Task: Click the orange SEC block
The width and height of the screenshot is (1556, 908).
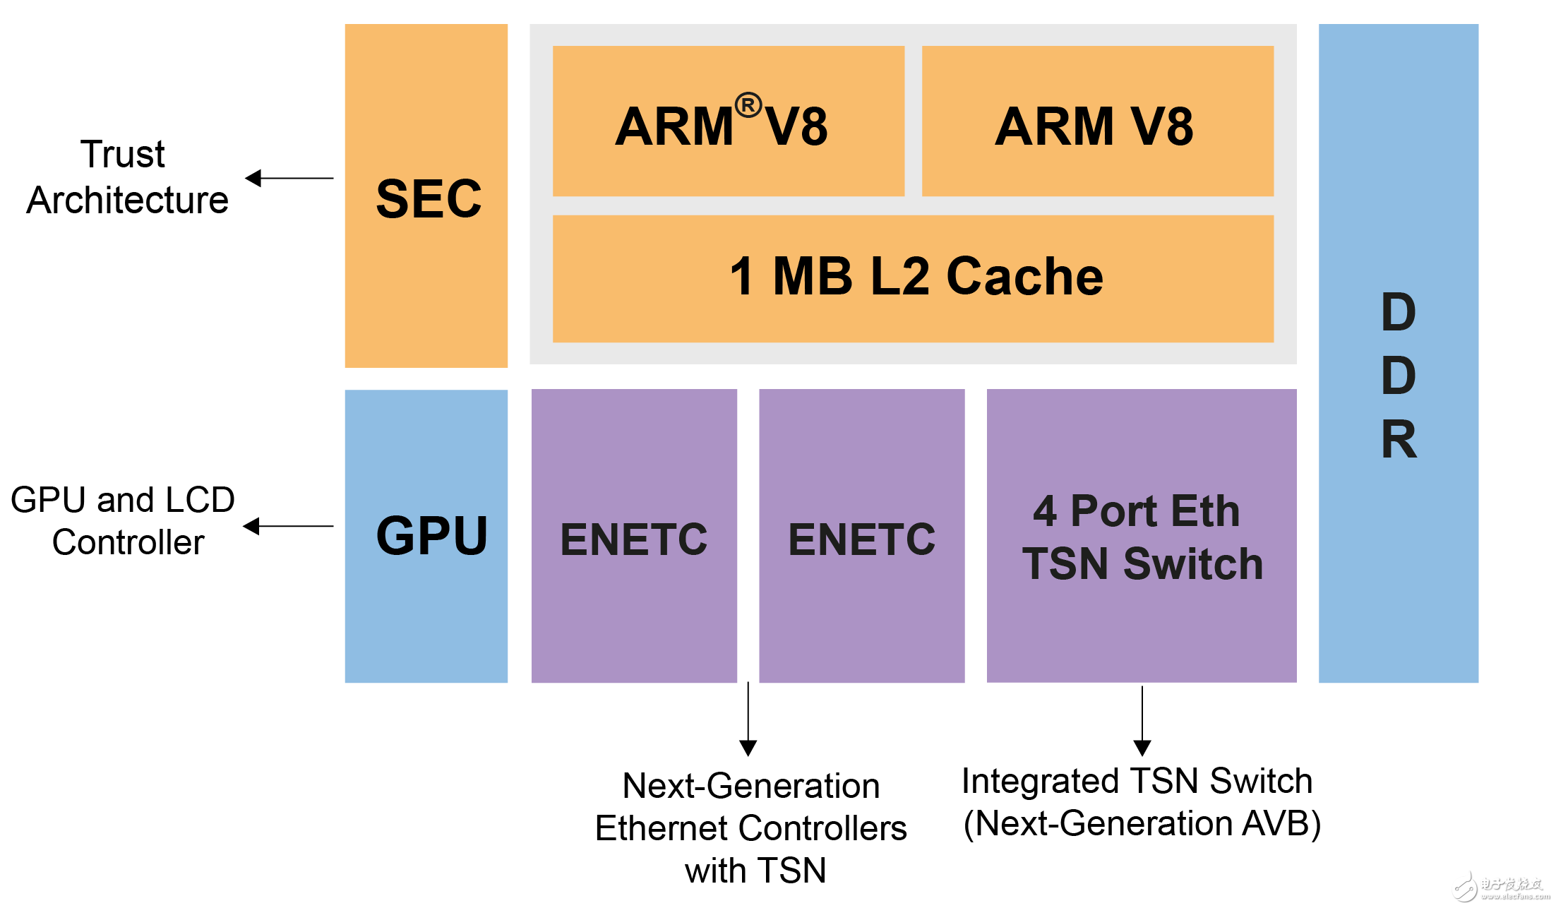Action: [426, 196]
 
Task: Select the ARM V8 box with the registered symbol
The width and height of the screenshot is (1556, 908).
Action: [728, 121]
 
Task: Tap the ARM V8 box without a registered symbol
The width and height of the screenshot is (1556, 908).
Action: [1097, 121]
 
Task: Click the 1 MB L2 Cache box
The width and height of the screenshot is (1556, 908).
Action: [913, 278]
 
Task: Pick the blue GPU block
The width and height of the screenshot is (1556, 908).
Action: [426, 536]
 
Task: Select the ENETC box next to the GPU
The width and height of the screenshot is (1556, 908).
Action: [634, 536]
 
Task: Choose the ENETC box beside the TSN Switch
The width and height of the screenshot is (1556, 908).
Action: [861, 536]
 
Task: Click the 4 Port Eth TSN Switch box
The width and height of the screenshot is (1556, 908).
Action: [1142, 536]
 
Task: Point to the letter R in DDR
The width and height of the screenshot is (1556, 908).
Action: [1399, 439]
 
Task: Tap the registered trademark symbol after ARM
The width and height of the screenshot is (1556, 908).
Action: [748, 105]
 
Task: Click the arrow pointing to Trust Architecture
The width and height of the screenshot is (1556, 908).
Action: [289, 178]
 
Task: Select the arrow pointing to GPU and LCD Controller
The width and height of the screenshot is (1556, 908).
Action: [287, 526]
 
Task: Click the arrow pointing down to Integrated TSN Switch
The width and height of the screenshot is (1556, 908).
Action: [1142, 720]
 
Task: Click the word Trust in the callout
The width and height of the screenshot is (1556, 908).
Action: [123, 155]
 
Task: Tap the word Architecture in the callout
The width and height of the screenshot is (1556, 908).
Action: [128, 201]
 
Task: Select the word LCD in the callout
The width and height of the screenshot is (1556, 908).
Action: [200, 501]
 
